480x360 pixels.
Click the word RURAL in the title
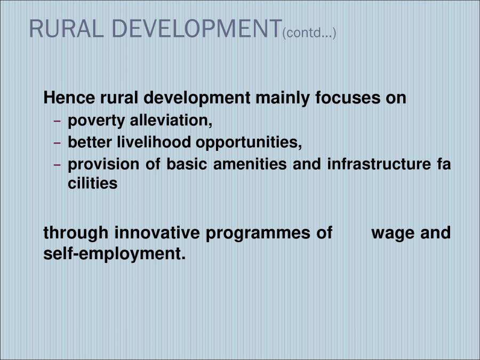[x=59, y=29]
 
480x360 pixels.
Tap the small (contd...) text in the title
[x=310, y=34]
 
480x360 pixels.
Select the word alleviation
[x=171, y=121]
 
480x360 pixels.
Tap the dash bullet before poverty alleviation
[x=58, y=122]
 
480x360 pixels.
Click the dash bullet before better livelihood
[x=58, y=143]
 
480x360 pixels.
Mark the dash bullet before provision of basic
[x=58, y=165]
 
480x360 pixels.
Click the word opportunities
[x=249, y=143]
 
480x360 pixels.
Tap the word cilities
[x=92, y=183]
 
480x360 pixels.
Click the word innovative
[x=157, y=233]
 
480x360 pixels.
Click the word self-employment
[x=114, y=254]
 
